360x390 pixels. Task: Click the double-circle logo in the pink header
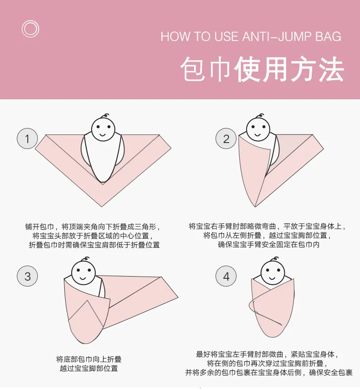tap(31, 21)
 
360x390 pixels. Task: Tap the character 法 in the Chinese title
tap(331, 69)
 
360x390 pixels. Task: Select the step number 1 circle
tap(27, 139)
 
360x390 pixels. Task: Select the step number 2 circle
tap(226, 139)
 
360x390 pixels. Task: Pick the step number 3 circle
tap(27, 276)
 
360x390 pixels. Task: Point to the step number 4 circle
tap(226, 276)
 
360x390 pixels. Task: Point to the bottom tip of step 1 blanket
tap(102, 207)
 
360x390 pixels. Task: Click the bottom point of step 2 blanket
tap(255, 207)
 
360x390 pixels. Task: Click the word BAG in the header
tap(329, 36)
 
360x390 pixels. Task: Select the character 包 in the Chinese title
tap(193, 69)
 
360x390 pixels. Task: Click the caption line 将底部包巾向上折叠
tap(89, 359)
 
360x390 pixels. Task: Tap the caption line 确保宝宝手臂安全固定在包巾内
tap(268, 245)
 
